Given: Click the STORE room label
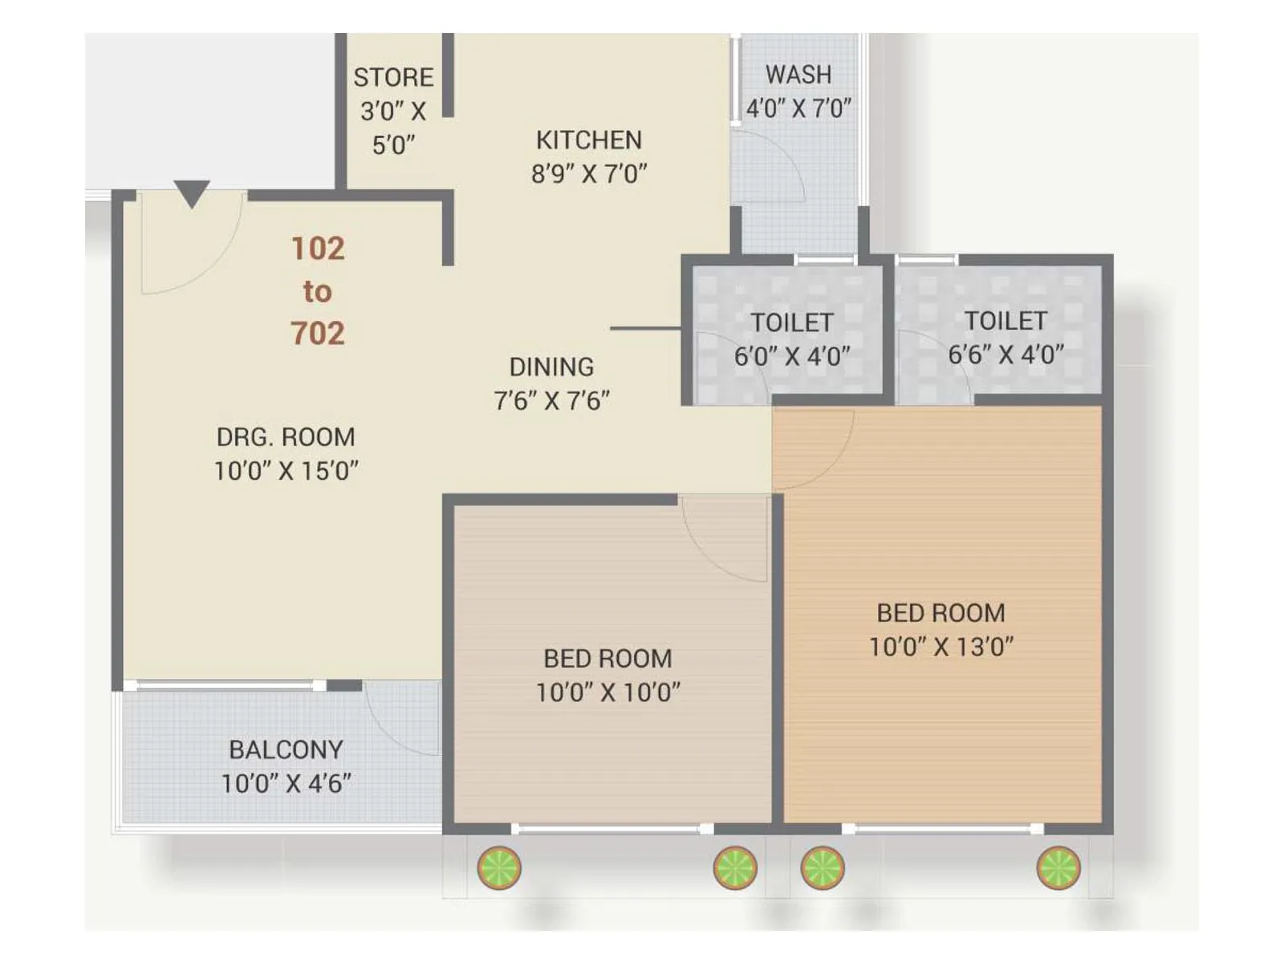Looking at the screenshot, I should pyautogui.click(x=393, y=77).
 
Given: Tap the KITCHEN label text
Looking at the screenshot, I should pyautogui.click(x=589, y=140).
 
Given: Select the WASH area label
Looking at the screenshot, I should pyautogui.click(x=798, y=75).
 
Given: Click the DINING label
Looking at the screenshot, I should pyautogui.click(x=552, y=367).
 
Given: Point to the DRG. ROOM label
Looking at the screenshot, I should pyautogui.click(x=286, y=437).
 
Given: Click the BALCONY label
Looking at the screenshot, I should pyautogui.click(x=286, y=750).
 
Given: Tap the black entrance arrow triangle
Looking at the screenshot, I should pyautogui.click(x=192, y=193).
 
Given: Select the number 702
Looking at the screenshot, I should pyautogui.click(x=318, y=333).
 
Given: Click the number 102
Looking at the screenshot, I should pyautogui.click(x=318, y=249).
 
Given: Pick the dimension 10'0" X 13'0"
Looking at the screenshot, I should pyautogui.click(x=941, y=647).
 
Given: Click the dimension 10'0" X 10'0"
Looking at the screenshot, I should pyautogui.click(x=608, y=692).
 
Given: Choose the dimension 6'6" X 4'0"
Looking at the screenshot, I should pyautogui.click(x=1006, y=354).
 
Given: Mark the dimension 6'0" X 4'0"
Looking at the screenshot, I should pyautogui.click(x=792, y=356).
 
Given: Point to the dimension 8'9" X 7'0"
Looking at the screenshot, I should pyautogui.click(x=589, y=173).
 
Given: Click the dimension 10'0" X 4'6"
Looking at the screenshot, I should pyautogui.click(x=286, y=783).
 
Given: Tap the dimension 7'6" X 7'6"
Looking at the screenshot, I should pyautogui.click(x=552, y=400).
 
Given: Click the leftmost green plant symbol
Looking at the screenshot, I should pyautogui.click(x=499, y=868).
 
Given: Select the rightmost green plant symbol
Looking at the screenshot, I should pyautogui.click(x=1058, y=868).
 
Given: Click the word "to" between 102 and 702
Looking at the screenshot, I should pyautogui.click(x=318, y=291).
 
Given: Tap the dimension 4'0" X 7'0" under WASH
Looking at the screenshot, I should pyautogui.click(x=798, y=108).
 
